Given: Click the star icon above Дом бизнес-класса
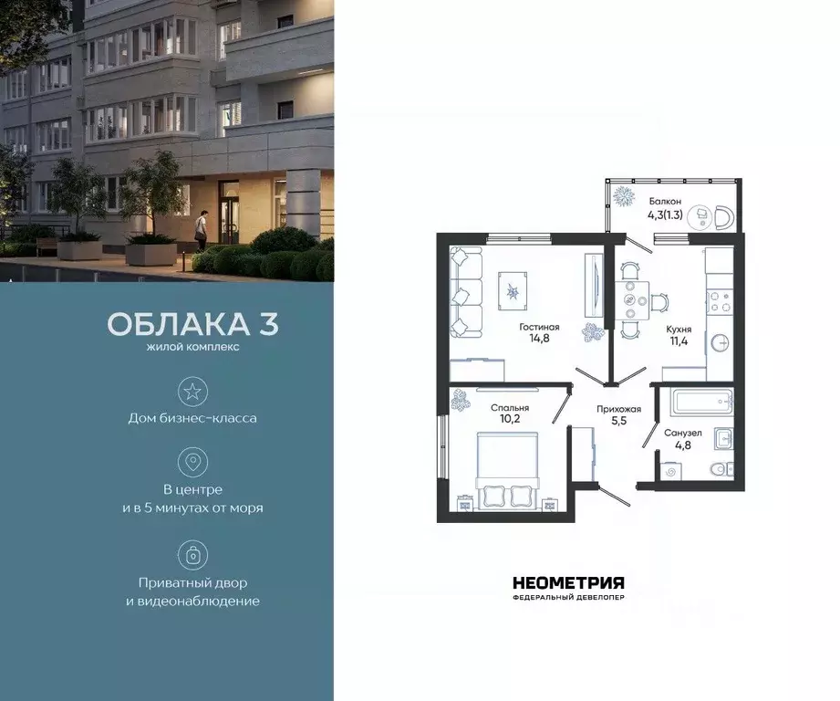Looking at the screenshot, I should [192, 392].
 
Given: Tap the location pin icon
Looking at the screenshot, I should [192, 463].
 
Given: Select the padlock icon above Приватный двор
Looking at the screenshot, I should [192, 555].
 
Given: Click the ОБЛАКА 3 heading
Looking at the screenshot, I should [192, 325].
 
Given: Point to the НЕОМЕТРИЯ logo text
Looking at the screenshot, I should [568, 582].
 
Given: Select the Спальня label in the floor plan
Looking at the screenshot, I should [511, 408].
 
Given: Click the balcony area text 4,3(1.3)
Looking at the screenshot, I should [666, 216].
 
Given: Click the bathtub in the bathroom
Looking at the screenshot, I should [700, 402].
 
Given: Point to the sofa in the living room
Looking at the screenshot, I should [467, 294].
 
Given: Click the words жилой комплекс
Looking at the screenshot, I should [192, 347].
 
